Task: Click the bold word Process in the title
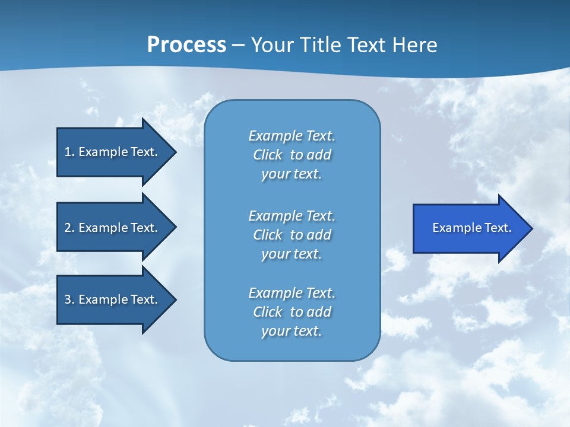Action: (186, 45)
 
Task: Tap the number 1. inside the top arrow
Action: (69, 152)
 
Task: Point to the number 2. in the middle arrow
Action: (69, 228)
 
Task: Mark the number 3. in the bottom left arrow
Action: (69, 299)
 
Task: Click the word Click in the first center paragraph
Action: (267, 155)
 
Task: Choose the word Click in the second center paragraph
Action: (267, 235)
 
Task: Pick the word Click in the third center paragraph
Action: (267, 312)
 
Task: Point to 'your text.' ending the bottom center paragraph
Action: (292, 331)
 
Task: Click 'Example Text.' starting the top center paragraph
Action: (292, 136)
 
